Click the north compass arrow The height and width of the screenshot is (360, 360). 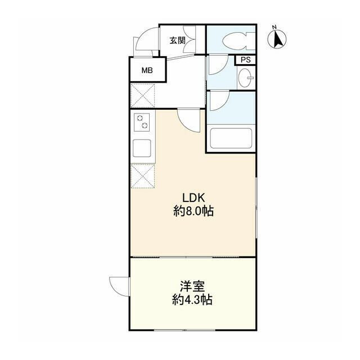277,40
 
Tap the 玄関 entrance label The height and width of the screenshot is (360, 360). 178,40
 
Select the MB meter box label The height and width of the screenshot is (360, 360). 147,71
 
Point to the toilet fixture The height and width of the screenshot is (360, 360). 234,41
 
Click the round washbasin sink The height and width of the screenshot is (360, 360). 245,79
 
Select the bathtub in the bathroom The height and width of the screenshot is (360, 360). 231,139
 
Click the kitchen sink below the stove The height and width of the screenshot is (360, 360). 141,149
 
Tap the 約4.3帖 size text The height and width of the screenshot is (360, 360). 192,300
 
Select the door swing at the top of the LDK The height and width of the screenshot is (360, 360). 189,120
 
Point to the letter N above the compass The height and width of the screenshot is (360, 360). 274,27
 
